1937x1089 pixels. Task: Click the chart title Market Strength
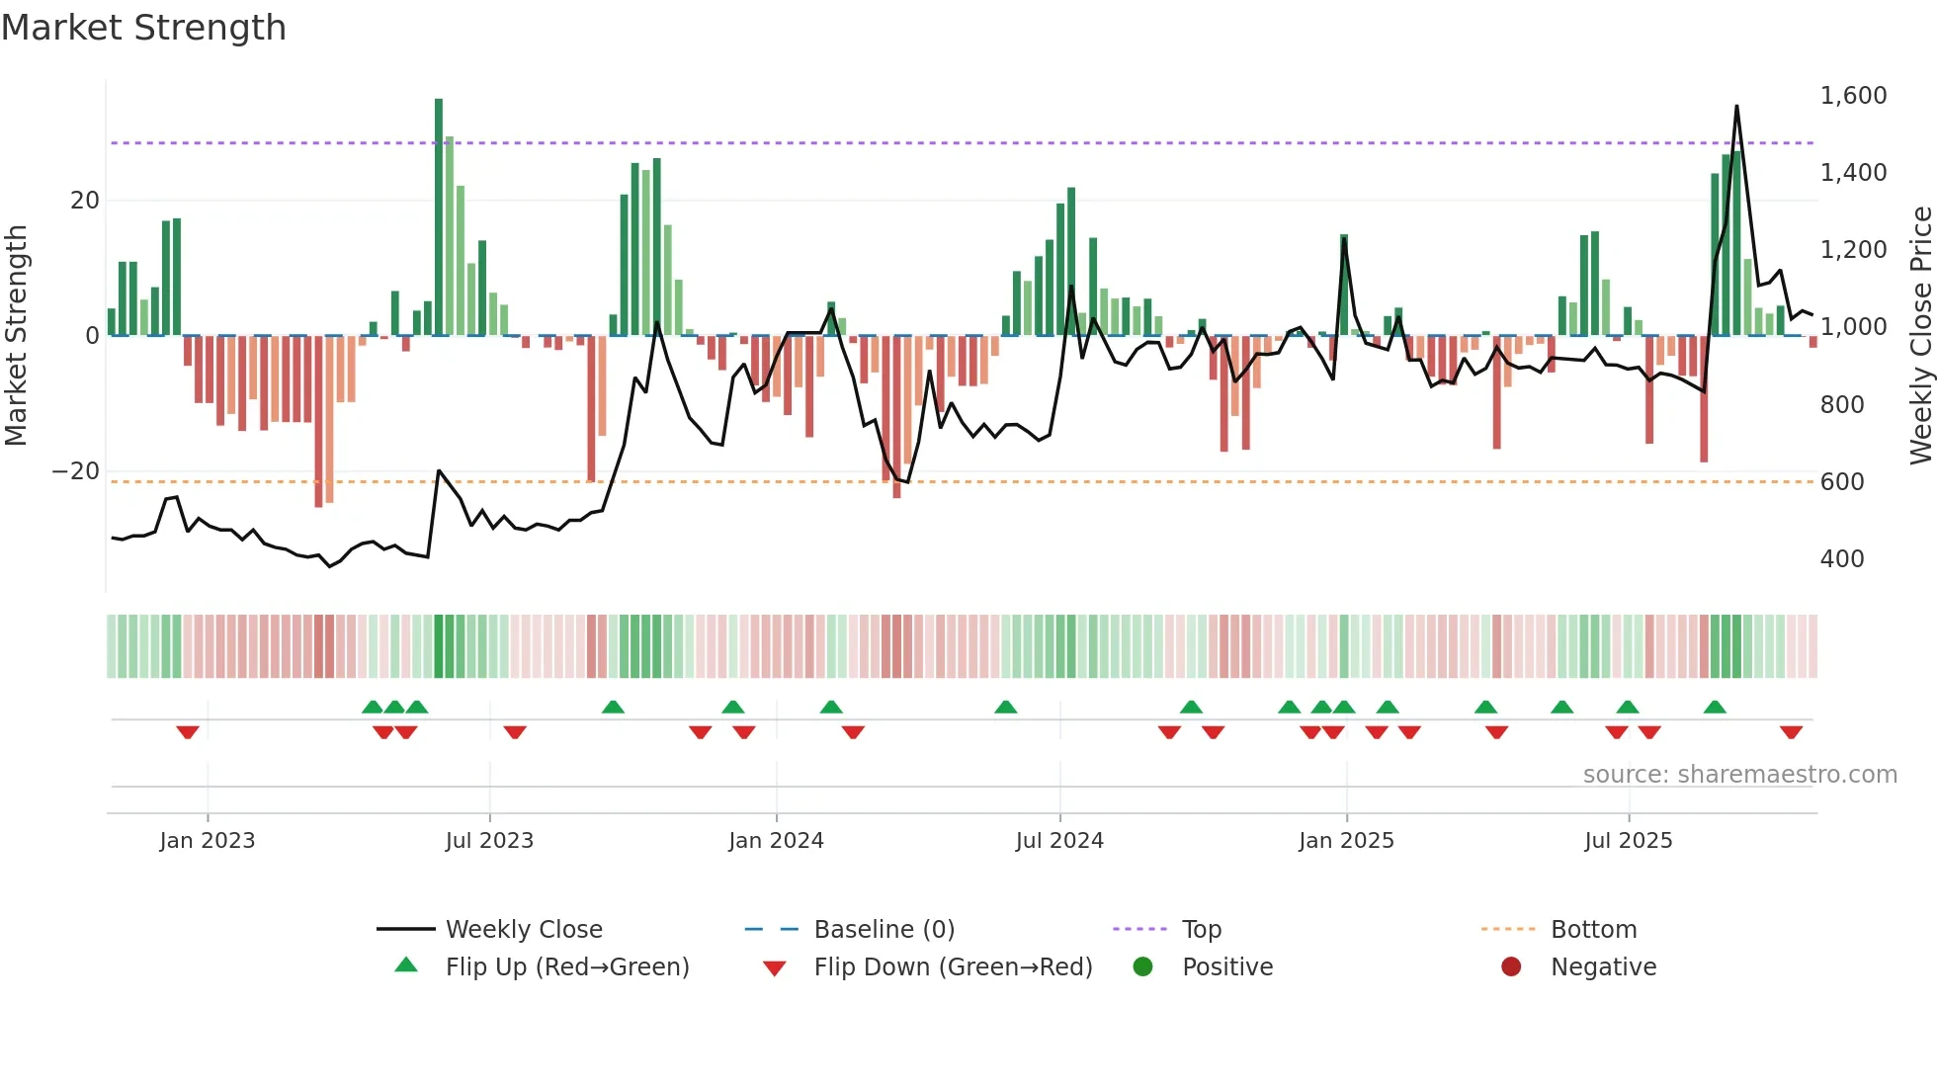click(x=143, y=28)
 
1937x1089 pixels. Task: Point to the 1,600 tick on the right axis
click(x=1853, y=96)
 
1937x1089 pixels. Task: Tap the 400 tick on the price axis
click(x=1842, y=559)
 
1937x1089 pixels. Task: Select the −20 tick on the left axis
click(x=76, y=471)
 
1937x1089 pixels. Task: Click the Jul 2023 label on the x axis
click(x=489, y=841)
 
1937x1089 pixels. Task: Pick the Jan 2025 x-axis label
click(x=1346, y=841)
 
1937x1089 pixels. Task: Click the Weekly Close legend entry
click(x=523, y=930)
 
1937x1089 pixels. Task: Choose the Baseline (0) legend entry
click(x=884, y=930)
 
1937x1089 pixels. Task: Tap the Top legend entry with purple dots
click(x=1201, y=930)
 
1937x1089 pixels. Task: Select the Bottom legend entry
click(x=1593, y=930)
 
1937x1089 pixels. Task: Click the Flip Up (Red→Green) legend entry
click(x=566, y=967)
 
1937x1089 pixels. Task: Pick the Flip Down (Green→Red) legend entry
click(x=953, y=967)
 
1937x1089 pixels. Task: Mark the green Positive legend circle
click(x=1143, y=966)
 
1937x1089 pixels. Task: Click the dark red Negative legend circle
click(x=1511, y=966)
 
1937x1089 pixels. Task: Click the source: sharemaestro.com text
click(x=1739, y=775)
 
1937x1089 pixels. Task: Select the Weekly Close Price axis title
click(x=1920, y=336)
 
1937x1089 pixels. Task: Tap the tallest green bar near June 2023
click(x=439, y=217)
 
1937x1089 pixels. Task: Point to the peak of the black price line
click(x=1736, y=107)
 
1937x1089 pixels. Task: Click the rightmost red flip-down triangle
click(x=1791, y=732)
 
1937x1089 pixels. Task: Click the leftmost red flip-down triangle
click(x=188, y=732)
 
